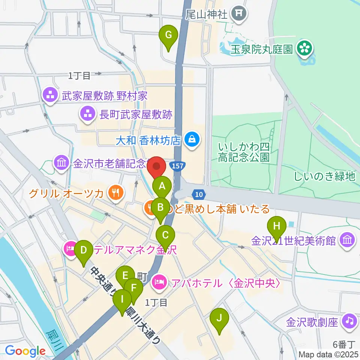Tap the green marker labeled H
click(277, 226)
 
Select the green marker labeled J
click(219, 319)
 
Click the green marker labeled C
click(165, 236)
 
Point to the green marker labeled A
click(162, 186)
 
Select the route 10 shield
click(199, 194)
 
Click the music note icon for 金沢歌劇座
click(349, 321)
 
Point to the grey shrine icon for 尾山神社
click(239, 14)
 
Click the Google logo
click(25, 351)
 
